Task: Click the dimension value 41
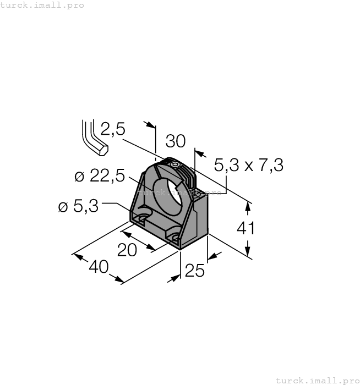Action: [x=246, y=228]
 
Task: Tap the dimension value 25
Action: [x=195, y=271]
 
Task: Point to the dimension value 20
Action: [x=127, y=250]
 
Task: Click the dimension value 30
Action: [x=176, y=141]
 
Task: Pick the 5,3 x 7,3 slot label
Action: [x=248, y=164]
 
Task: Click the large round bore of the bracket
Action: [x=168, y=195]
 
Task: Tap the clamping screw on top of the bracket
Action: [x=174, y=164]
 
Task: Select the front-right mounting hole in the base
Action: [x=176, y=238]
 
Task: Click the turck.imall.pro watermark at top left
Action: [x=42, y=5]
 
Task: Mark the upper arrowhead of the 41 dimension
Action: [x=249, y=206]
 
